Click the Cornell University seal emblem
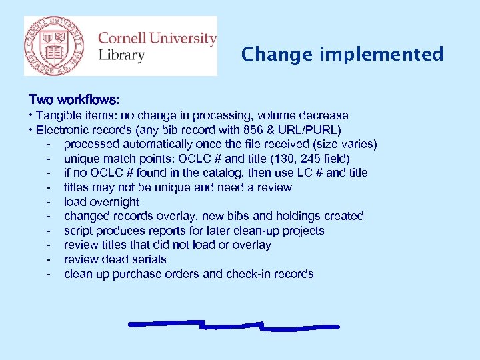(55, 45)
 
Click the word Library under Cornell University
(121, 55)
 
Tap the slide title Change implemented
(342, 54)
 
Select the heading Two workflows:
(74, 100)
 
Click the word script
(79, 231)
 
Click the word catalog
(213, 173)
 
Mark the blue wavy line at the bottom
(233, 325)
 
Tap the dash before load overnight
(49, 202)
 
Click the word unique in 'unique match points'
(83, 159)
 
